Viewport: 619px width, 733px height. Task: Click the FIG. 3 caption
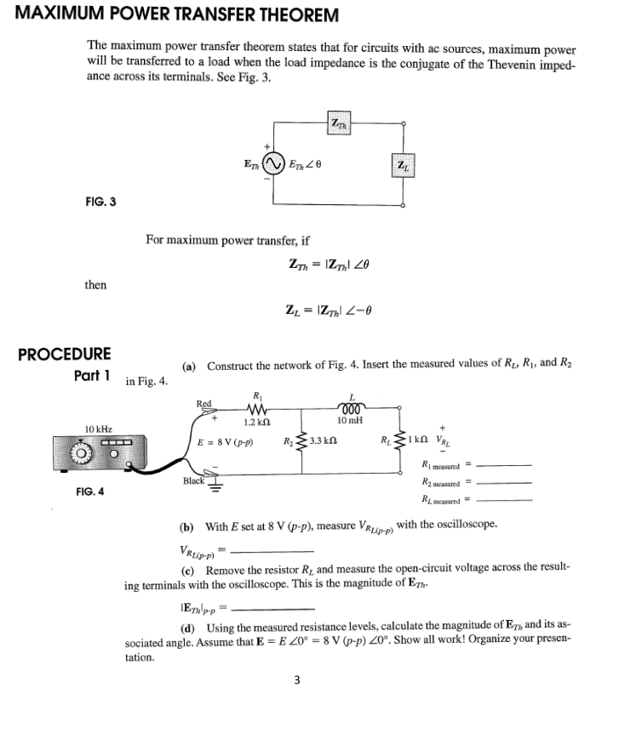100,202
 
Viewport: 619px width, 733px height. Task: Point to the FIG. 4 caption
91,492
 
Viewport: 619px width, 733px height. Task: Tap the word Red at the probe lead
203,404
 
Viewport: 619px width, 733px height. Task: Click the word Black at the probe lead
194,480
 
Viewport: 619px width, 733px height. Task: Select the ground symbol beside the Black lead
215,486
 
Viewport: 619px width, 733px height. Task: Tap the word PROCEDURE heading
65,354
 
